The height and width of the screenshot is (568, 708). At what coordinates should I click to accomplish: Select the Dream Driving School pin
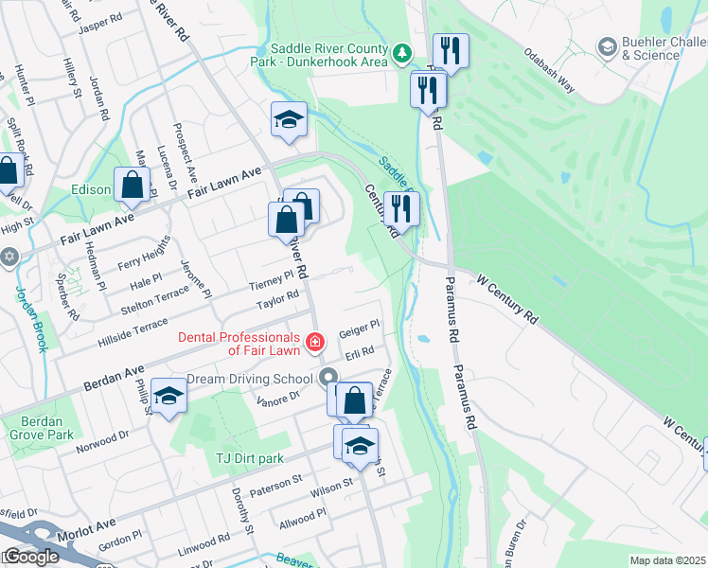329,378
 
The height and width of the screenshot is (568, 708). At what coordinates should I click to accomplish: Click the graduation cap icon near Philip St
168,397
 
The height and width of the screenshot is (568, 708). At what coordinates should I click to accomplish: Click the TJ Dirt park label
248,458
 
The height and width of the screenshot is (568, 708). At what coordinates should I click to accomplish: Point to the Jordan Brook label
32,318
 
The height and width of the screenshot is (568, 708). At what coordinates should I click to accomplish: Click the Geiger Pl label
359,327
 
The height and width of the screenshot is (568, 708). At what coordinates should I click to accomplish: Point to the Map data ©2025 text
666,560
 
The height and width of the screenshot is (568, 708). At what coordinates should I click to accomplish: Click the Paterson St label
275,482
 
